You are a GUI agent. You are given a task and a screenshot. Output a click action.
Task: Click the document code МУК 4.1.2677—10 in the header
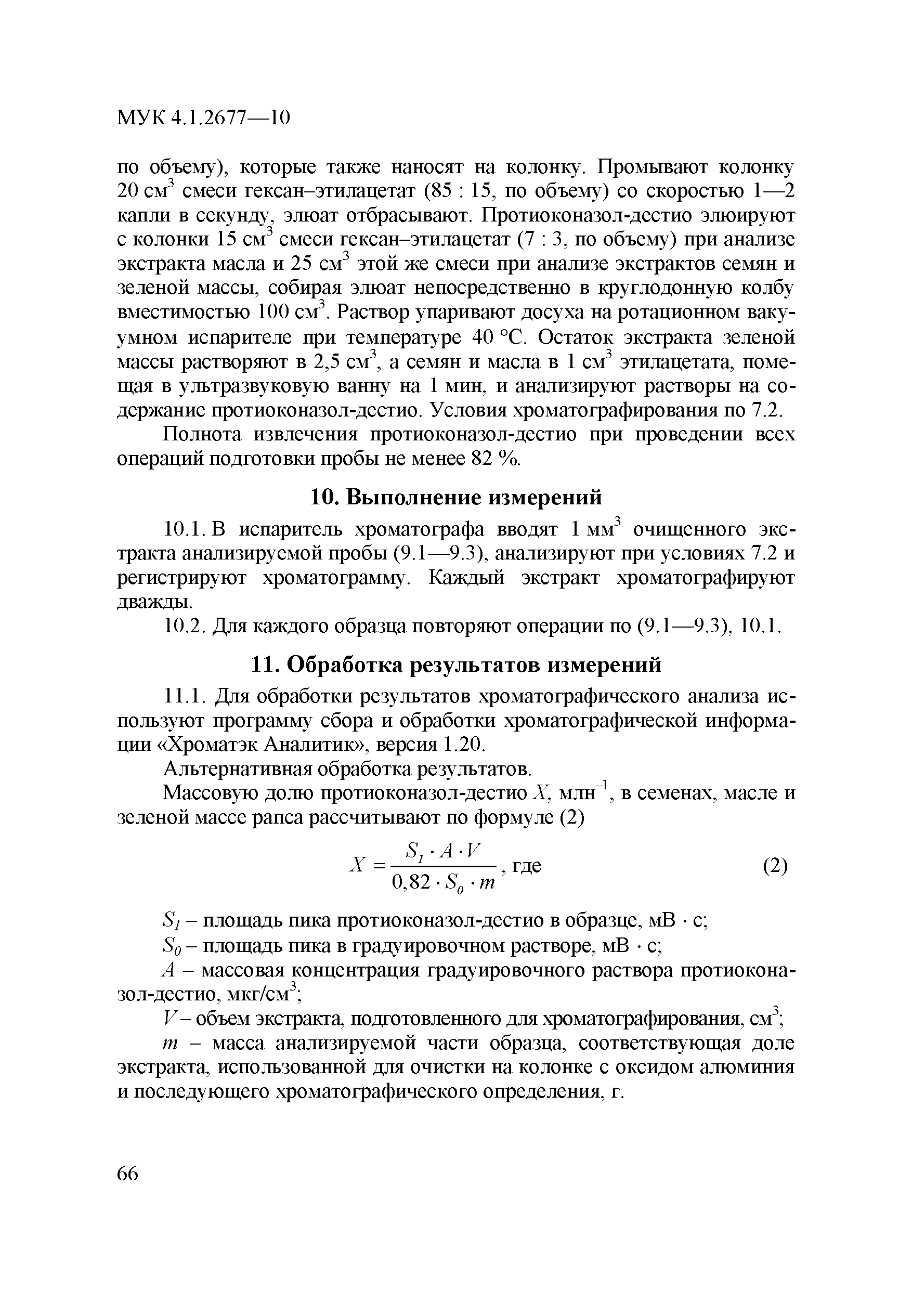pyautogui.click(x=203, y=118)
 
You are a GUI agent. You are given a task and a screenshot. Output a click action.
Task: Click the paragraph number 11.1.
pyautogui.click(x=181, y=697)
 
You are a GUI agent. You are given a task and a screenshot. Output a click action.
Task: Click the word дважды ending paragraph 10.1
pyautogui.click(x=154, y=602)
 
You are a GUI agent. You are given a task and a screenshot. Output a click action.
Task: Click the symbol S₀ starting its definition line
pyautogui.click(x=170, y=947)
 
